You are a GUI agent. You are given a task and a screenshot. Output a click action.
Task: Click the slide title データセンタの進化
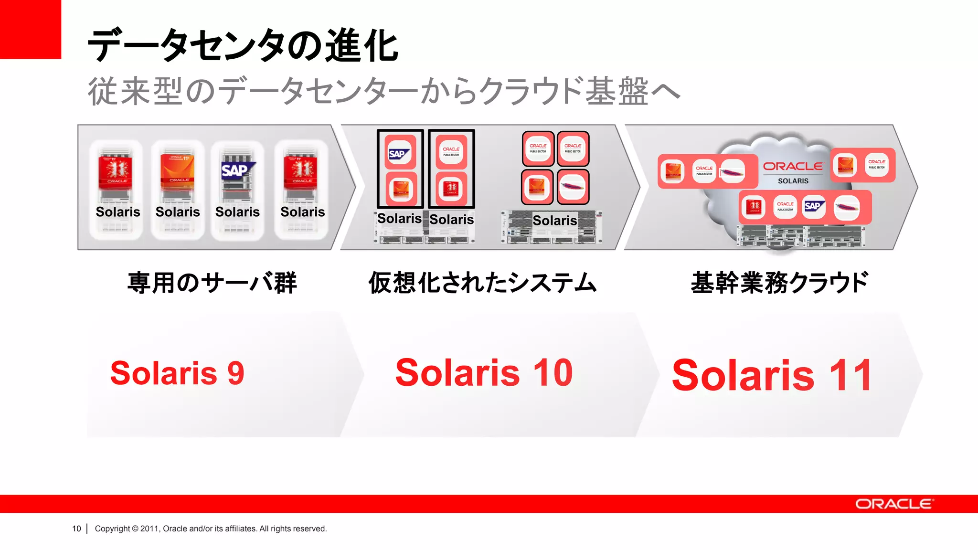click(x=243, y=46)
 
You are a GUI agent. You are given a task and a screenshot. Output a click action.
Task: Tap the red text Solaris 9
click(x=177, y=373)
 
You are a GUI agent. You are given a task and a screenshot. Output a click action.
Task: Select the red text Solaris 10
click(x=484, y=373)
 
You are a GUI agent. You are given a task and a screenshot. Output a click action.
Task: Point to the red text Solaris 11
click(x=772, y=376)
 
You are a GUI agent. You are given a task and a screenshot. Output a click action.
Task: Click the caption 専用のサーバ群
click(x=212, y=283)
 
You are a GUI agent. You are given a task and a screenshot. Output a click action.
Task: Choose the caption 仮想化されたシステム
click(x=482, y=283)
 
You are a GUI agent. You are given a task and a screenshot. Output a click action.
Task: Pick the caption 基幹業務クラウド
click(x=779, y=283)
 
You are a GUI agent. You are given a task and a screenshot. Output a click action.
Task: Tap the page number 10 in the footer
click(x=76, y=529)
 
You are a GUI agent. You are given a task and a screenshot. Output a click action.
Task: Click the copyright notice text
click(x=211, y=529)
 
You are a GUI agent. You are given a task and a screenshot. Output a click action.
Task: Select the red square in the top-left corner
click(x=30, y=29)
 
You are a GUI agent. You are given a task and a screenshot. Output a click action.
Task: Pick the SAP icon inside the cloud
click(x=813, y=207)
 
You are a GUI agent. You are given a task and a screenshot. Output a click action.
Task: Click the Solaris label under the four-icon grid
click(x=554, y=220)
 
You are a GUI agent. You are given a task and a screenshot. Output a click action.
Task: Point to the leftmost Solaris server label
click(x=118, y=212)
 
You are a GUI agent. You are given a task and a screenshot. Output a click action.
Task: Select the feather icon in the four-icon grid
click(x=573, y=186)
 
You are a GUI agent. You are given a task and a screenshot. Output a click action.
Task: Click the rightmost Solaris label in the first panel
click(x=302, y=212)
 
